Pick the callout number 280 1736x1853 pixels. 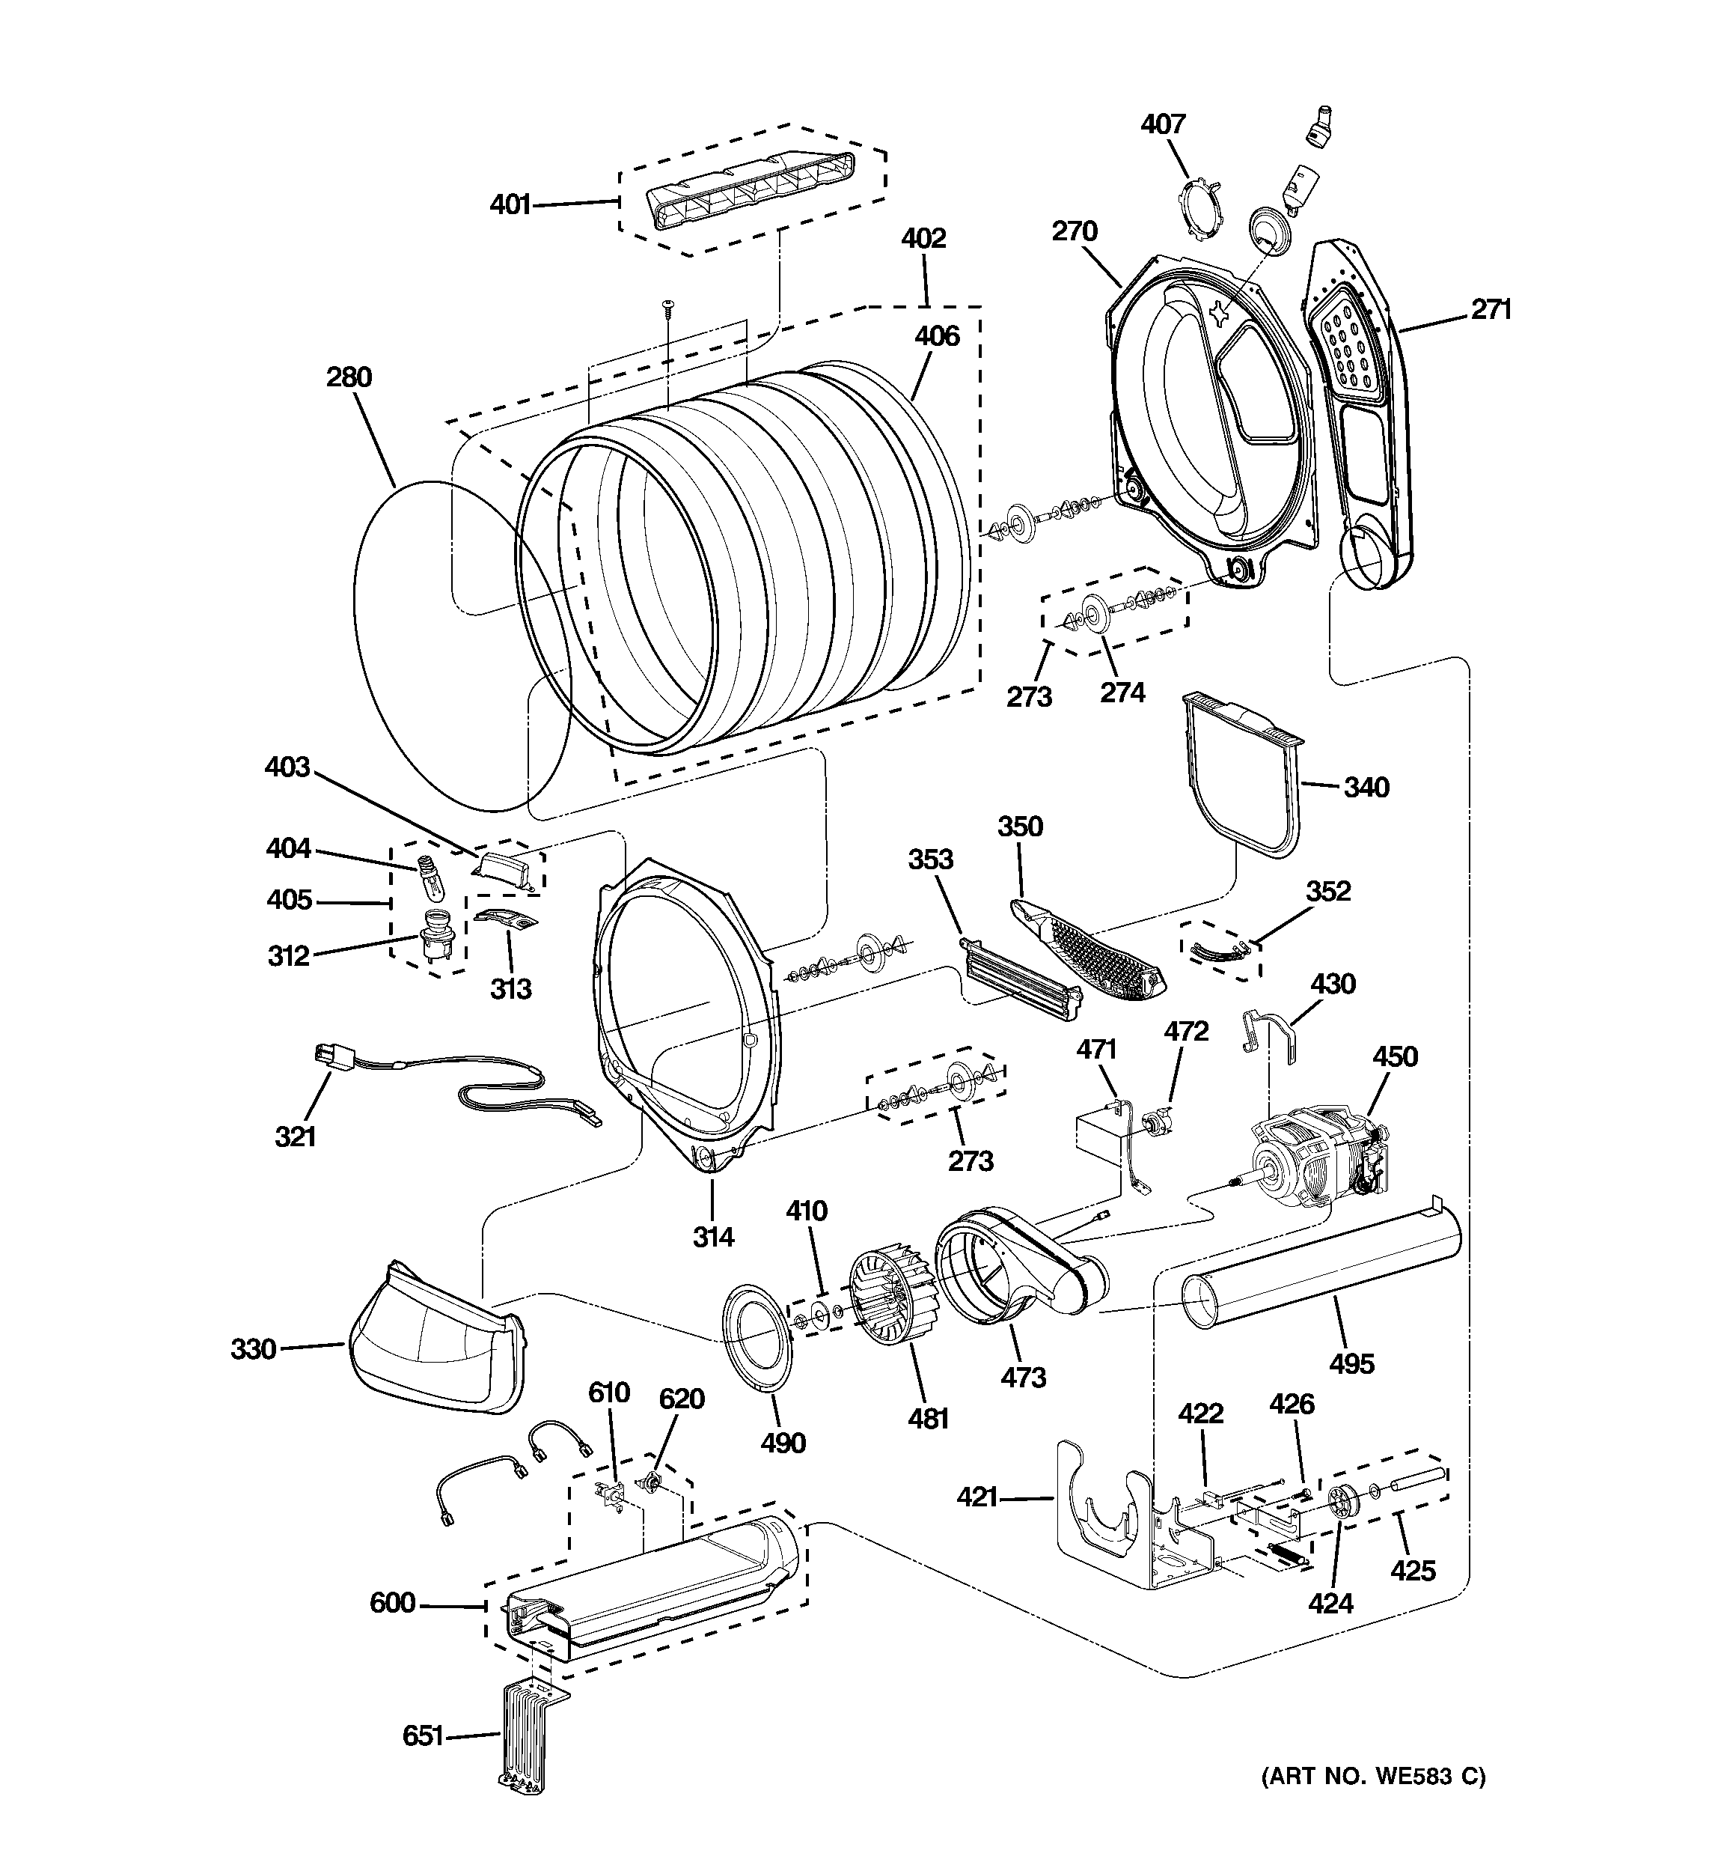[x=349, y=377]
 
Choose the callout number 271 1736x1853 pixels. [x=1491, y=309]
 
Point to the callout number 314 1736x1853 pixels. [x=713, y=1237]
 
